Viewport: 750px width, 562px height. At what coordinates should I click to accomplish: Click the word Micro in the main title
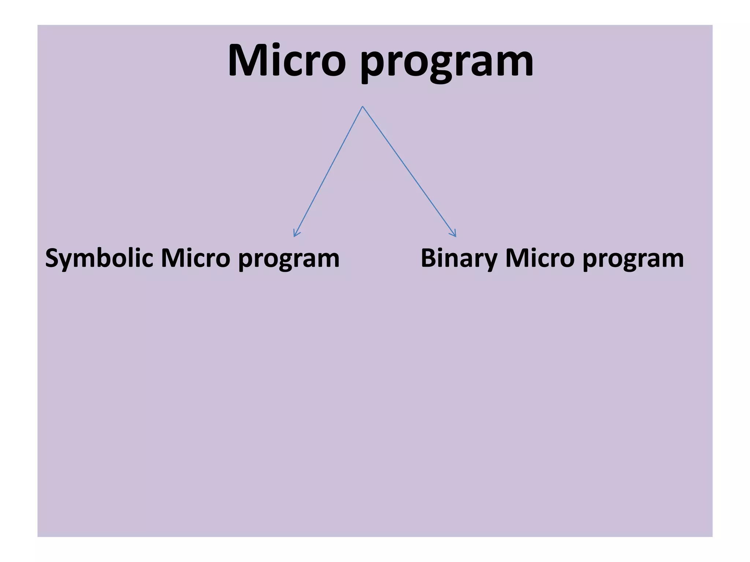[287, 60]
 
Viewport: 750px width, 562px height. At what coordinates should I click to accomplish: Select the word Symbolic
[99, 258]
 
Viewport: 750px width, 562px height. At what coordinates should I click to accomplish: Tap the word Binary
[459, 258]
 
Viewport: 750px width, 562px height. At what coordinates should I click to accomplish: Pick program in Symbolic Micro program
[289, 260]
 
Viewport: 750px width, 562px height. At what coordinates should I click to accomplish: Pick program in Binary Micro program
[633, 260]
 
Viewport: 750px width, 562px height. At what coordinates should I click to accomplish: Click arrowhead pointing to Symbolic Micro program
[296, 234]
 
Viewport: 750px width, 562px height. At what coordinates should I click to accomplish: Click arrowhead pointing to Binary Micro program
[454, 234]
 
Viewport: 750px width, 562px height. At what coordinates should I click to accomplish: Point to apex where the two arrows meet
[363, 106]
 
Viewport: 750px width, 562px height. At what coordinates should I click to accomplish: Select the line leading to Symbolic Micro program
[328, 171]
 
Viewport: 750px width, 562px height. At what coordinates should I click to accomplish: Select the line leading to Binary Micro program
[409, 171]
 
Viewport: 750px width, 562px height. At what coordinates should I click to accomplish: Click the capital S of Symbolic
[53, 258]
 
